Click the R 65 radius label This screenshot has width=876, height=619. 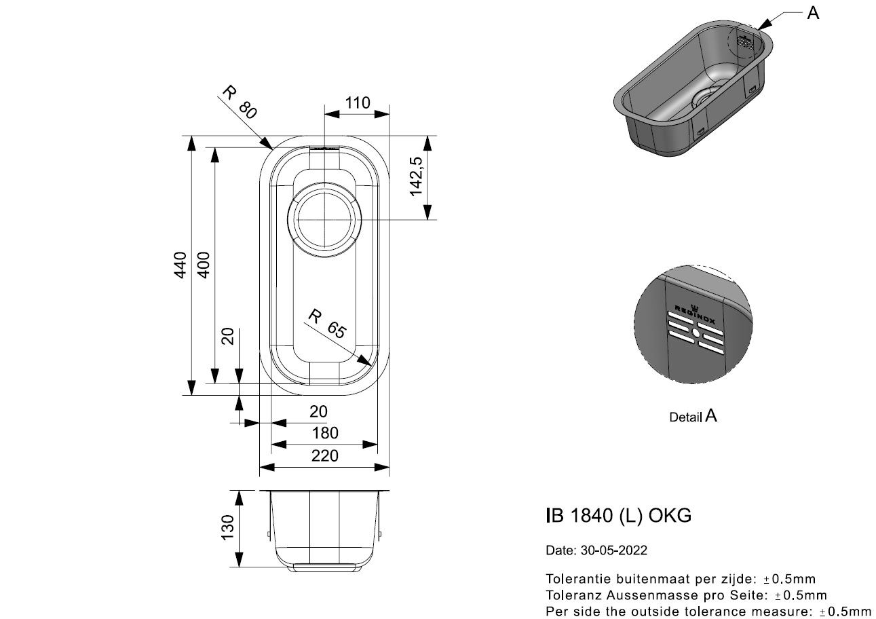point(327,324)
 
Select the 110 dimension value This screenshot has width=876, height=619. point(357,103)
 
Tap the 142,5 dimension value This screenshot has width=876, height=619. point(417,176)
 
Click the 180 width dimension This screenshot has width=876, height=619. point(324,433)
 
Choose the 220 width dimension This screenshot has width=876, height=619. point(324,456)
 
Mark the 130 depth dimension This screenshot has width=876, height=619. point(227,527)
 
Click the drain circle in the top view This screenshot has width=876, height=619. point(324,219)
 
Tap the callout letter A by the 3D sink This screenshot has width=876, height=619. point(813,13)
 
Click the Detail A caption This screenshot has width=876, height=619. point(693,416)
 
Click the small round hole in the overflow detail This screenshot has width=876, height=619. point(696,334)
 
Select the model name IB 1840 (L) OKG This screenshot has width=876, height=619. point(618,516)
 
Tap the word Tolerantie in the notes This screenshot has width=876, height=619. point(575,579)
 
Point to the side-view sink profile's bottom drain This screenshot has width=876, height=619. point(324,567)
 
